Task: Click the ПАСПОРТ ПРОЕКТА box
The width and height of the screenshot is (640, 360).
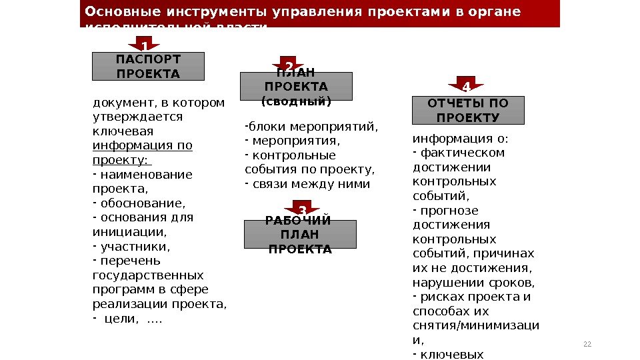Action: [147, 66]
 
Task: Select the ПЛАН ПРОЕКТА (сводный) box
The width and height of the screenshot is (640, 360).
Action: [295, 87]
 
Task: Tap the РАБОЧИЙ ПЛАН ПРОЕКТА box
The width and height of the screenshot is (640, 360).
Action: [300, 235]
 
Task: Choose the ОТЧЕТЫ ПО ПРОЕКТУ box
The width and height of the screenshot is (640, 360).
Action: [468, 111]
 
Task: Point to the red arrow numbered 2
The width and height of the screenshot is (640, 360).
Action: [289, 65]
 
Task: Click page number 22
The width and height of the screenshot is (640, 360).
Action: [587, 344]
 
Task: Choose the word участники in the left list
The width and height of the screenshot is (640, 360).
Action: [134, 246]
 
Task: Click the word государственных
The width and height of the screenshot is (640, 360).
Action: [148, 275]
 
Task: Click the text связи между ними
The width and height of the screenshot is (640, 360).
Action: [311, 183]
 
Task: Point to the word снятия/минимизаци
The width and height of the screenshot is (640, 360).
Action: [476, 325]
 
